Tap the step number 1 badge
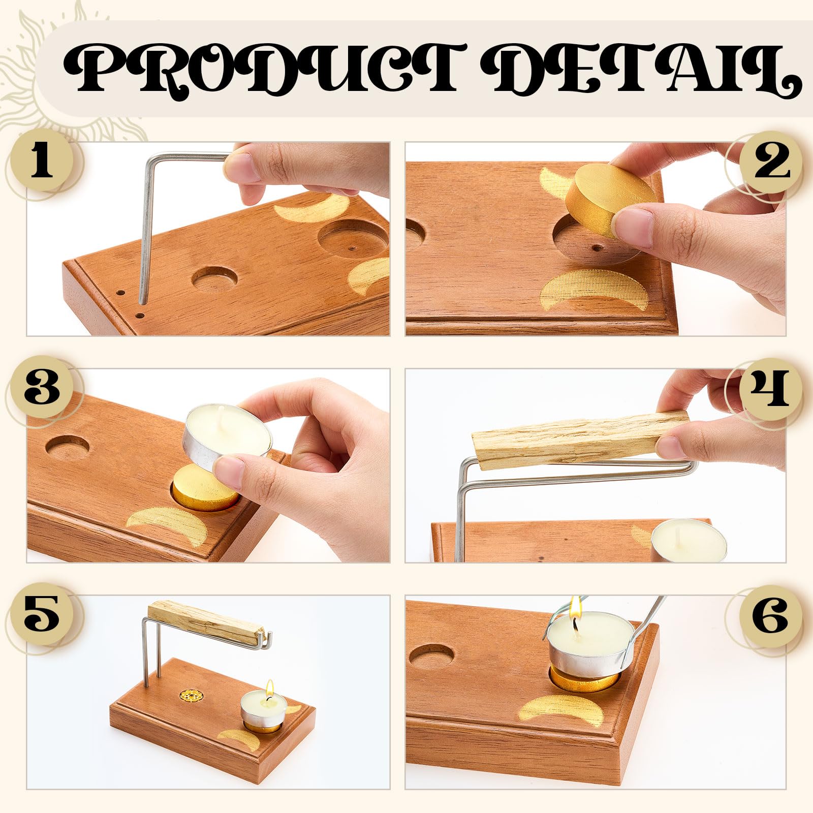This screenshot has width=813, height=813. [x=43, y=163]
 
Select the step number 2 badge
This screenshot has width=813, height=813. [x=770, y=163]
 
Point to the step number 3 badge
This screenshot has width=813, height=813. [x=43, y=388]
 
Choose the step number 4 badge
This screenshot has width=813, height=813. [x=770, y=388]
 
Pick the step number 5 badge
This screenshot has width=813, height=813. [x=43, y=615]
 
